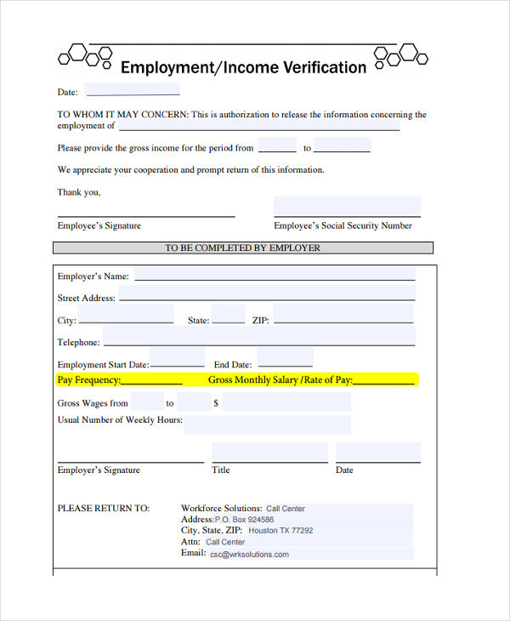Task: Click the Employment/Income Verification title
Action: pyautogui.click(x=243, y=67)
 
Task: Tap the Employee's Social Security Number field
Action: pyautogui.click(x=347, y=207)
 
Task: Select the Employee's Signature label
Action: pyautogui.click(x=99, y=226)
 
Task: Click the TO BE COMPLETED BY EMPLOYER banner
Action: pyautogui.click(x=243, y=248)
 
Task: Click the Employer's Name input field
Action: pyautogui.click(x=275, y=274)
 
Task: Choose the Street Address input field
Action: pyautogui.click(x=266, y=295)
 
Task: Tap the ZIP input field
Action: pyautogui.click(x=343, y=316)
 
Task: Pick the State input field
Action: pyautogui.click(x=229, y=316)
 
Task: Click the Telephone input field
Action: pyautogui.click(x=258, y=338)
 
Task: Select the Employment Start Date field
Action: pyautogui.click(x=177, y=358)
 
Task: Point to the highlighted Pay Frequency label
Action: pyautogui.click(x=89, y=380)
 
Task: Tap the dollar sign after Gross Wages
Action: pyautogui.click(x=216, y=403)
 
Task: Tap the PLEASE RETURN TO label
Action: pyautogui.click(x=103, y=509)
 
